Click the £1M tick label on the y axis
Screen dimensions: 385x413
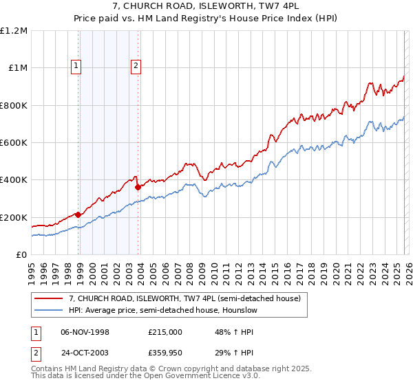(17, 68)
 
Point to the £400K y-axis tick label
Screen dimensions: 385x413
(14, 180)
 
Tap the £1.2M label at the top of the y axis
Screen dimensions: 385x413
(14, 31)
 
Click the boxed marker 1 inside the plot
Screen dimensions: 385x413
(75, 67)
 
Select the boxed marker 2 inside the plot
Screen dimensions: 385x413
(136, 67)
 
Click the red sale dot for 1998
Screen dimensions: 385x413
(78, 214)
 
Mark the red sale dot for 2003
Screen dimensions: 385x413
(138, 186)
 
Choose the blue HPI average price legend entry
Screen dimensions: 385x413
(162, 311)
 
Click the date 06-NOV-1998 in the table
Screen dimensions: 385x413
(85, 331)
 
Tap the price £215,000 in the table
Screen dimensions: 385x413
(165, 331)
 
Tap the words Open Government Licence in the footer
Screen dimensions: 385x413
(175, 377)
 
